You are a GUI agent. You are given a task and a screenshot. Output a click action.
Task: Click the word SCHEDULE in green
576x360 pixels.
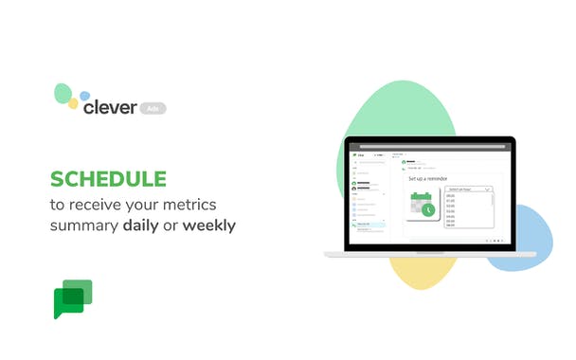click(108, 179)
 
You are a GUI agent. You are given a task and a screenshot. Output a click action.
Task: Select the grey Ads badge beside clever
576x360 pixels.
click(153, 109)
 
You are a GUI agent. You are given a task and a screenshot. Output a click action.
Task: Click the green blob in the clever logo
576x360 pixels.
click(63, 93)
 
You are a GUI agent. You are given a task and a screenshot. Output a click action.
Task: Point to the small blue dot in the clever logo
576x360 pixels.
click(84, 96)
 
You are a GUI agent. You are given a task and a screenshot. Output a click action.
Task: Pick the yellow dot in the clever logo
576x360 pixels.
click(73, 103)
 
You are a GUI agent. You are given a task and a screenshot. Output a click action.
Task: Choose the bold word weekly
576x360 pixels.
click(209, 225)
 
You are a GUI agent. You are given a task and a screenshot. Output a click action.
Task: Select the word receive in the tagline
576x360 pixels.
click(108, 204)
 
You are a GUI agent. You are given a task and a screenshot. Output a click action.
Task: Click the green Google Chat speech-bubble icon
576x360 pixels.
click(73, 298)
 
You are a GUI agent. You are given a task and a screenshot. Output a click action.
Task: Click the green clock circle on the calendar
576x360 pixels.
click(429, 209)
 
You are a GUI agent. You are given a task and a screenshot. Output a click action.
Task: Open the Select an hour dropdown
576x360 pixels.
click(469, 189)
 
